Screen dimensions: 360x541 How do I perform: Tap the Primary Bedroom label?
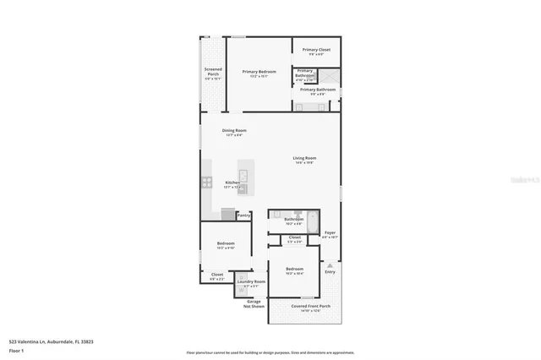260,72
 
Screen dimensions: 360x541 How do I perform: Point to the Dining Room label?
234,130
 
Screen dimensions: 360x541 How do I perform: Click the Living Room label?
304,158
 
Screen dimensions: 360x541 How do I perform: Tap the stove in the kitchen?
205,182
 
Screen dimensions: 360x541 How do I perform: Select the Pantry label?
243,215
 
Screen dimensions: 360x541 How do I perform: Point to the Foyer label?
330,232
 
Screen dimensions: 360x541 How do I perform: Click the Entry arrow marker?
330,265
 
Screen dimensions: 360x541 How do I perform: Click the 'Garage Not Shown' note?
252,303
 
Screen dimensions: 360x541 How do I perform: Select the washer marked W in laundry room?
240,290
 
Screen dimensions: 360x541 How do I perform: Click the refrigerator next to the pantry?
227,215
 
